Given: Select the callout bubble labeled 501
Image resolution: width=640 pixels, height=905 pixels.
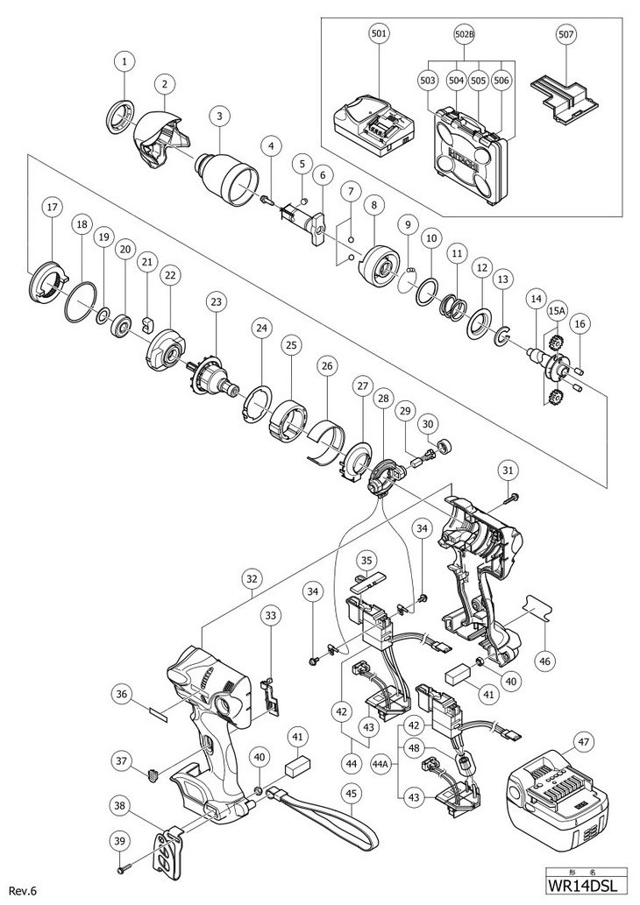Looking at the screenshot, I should pyautogui.click(x=379, y=35).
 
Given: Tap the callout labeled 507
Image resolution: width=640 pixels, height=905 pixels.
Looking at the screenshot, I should pyautogui.click(x=565, y=35).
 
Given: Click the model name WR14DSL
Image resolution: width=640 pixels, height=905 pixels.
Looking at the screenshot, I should pyautogui.click(x=590, y=890).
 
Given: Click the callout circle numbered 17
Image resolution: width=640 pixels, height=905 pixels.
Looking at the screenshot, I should pyautogui.click(x=53, y=208).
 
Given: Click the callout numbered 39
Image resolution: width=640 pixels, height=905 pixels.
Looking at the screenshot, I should pyautogui.click(x=117, y=840).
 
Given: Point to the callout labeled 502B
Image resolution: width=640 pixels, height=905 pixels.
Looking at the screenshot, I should pyautogui.click(x=464, y=35).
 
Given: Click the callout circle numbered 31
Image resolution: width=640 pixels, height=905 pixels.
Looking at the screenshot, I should pyautogui.click(x=508, y=470).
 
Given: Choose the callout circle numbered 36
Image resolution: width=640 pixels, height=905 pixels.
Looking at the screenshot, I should pyautogui.click(x=122, y=693).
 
